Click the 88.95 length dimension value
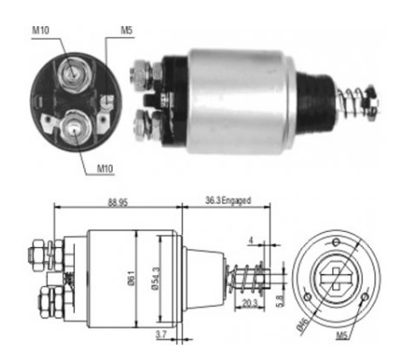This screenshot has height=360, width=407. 118,202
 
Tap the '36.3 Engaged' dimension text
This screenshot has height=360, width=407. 227,200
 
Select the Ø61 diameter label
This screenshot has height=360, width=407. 132,278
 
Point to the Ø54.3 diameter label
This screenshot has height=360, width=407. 156,279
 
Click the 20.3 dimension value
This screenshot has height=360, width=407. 250,302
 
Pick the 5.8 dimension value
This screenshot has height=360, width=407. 280,300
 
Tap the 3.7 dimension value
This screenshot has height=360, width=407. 162,334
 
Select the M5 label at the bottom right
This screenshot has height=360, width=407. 342,335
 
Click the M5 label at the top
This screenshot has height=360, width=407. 126,31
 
